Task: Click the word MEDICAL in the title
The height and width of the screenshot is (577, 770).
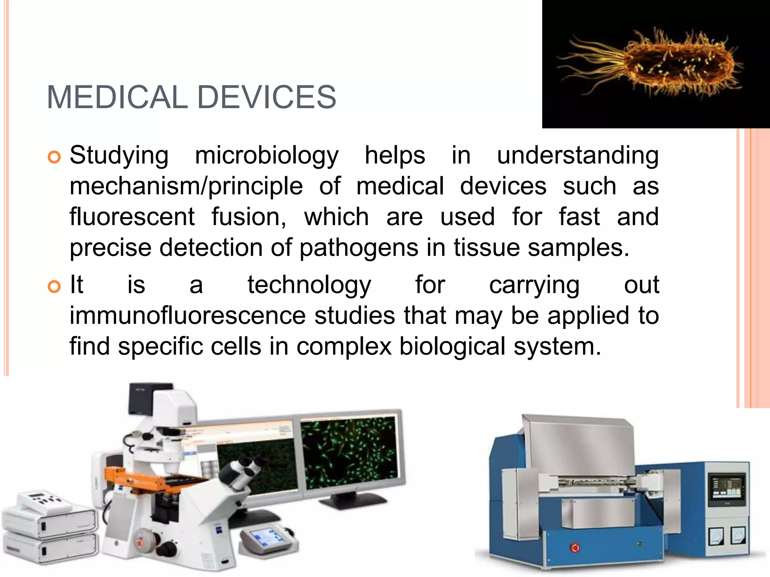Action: (117, 97)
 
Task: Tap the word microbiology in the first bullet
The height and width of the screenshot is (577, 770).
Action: (267, 156)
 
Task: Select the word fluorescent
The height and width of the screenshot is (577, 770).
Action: (132, 217)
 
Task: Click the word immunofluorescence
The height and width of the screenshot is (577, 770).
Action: (188, 316)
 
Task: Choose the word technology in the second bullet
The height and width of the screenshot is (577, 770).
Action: (309, 285)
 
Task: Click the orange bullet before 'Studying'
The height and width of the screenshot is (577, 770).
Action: (54, 157)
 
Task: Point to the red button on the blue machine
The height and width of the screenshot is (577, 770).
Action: (574, 547)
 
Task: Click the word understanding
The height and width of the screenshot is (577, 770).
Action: (577, 156)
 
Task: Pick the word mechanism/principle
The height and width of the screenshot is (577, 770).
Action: (186, 187)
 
